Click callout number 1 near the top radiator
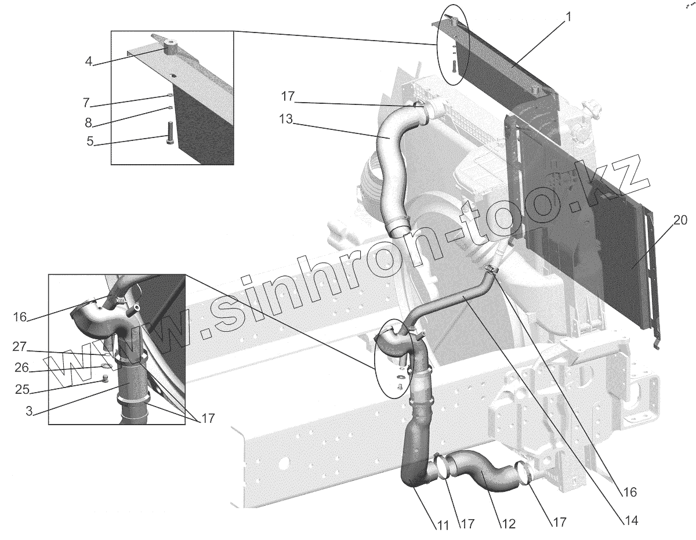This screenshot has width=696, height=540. pyautogui.click(x=568, y=17)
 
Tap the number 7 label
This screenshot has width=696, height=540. pyautogui.click(x=86, y=103)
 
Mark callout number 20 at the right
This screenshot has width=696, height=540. pyautogui.click(x=680, y=220)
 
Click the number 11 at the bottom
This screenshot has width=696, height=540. pyautogui.click(x=443, y=525)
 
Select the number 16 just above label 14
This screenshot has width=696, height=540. pyautogui.click(x=629, y=492)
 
